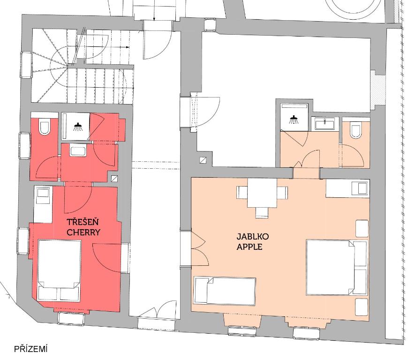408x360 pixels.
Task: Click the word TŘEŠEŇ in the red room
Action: (83, 222)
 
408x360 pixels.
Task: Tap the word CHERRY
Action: (83, 232)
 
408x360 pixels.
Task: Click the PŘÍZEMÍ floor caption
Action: (30, 349)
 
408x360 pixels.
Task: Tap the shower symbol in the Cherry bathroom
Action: (77, 127)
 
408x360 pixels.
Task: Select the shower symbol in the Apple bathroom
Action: (294, 120)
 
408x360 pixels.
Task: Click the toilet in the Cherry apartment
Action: (44, 127)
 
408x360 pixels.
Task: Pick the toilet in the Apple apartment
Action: (355, 131)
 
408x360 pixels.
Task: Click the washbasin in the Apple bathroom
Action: (325, 124)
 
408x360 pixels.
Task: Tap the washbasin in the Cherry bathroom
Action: (78, 151)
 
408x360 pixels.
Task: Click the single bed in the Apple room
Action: (225, 291)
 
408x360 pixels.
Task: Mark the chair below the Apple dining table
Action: (262, 212)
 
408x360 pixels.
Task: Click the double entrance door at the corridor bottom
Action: (157, 309)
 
